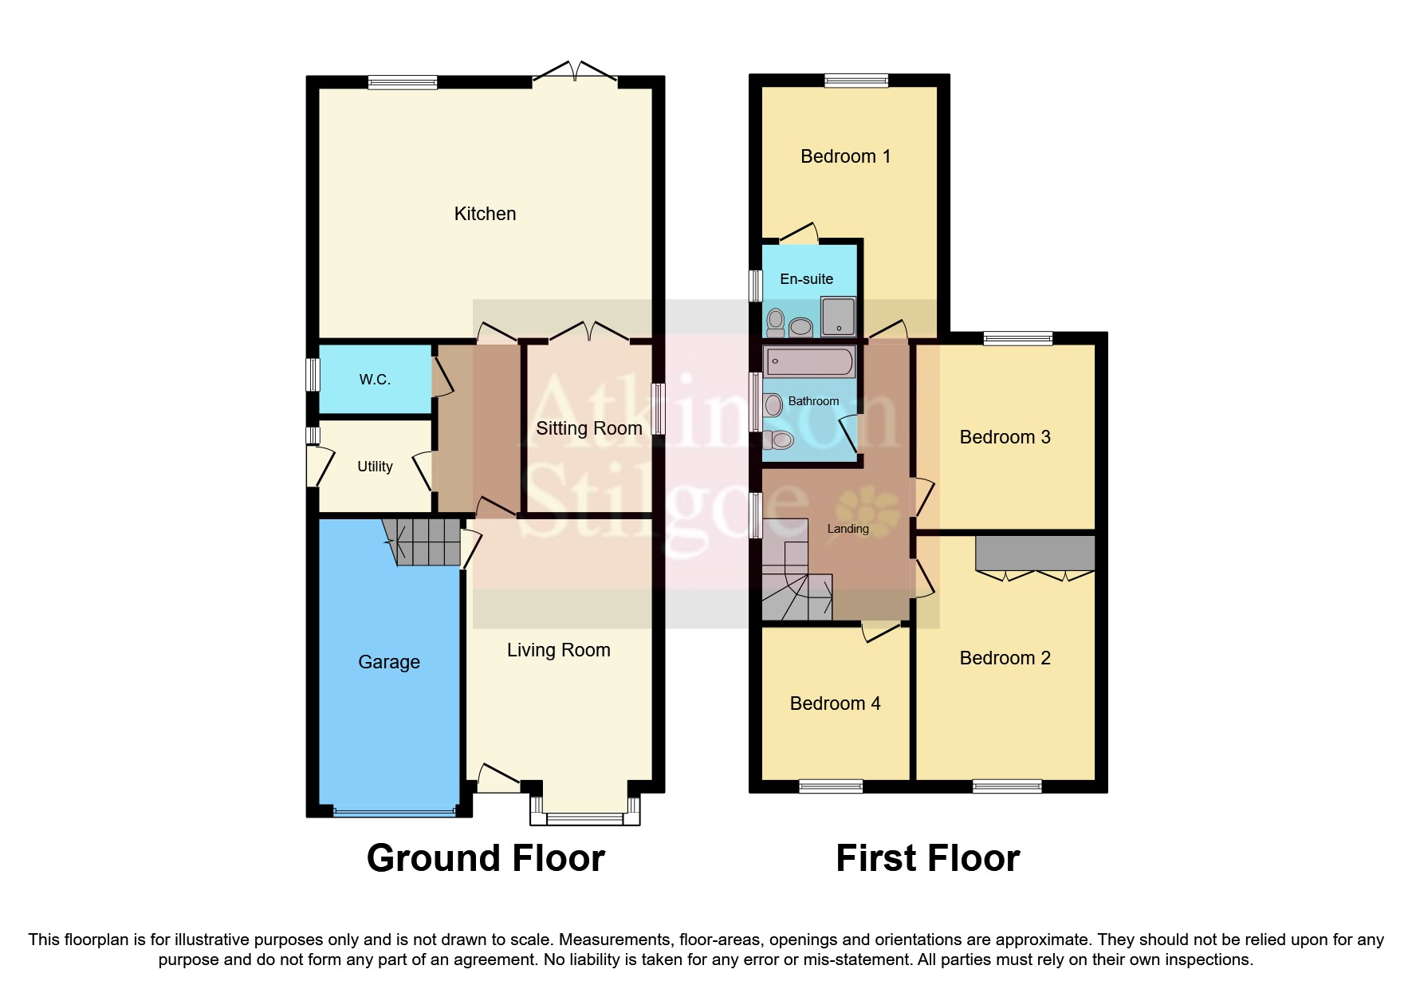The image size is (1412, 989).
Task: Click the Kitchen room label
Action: [485, 214]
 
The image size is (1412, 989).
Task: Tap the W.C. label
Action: [375, 380]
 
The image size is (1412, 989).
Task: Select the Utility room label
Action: [375, 467]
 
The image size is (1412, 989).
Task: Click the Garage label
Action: [389, 662]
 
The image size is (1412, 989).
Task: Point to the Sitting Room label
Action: [588, 428]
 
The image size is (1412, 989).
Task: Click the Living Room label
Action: [558, 650]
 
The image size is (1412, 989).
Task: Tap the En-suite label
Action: [806, 279]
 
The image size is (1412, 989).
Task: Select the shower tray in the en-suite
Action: [838, 317]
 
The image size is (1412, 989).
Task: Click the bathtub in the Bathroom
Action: [808, 361]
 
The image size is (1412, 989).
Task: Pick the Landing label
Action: [848, 529]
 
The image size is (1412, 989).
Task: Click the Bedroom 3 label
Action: [1005, 437]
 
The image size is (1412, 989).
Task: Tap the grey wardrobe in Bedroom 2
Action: [1035, 553]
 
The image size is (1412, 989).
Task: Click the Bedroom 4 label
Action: [835, 703]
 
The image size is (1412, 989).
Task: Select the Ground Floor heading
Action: [486, 859]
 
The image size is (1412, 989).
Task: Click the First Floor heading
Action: [927, 859]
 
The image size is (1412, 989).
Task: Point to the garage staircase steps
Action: [423, 542]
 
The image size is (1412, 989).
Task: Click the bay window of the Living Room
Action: [585, 818]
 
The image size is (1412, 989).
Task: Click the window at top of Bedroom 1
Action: [855, 80]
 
